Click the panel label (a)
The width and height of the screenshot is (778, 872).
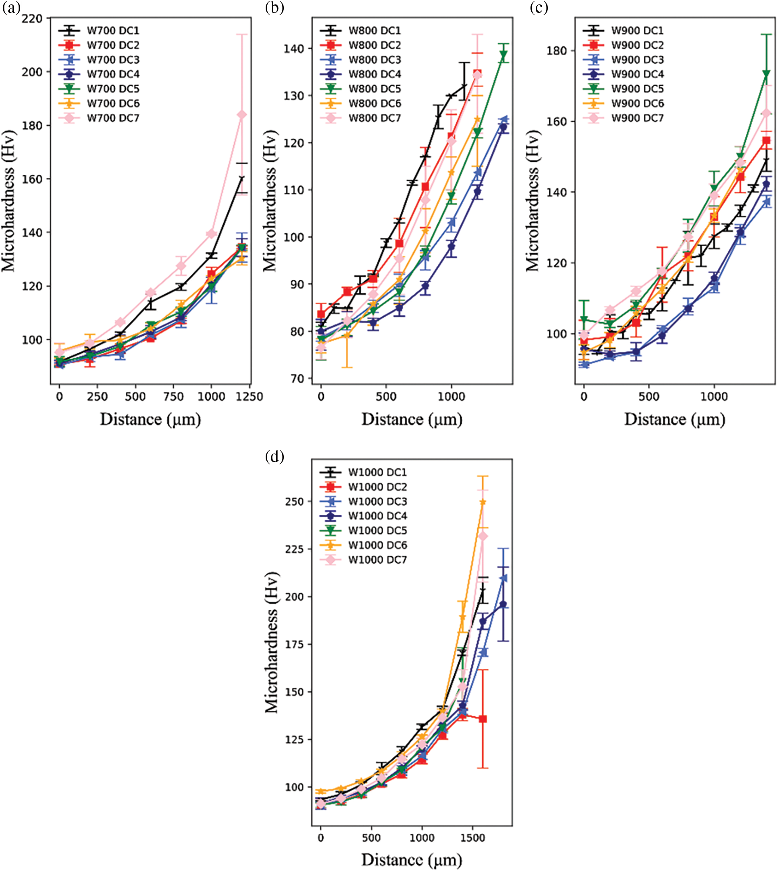pyautogui.click(x=11, y=8)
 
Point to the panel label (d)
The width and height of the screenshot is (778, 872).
pyautogui.click(x=275, y=456)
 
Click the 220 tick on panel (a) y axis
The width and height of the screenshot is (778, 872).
pyautogui.click(x=33, y=19)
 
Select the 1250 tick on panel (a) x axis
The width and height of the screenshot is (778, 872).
pyautogui.click(x=250, y=397)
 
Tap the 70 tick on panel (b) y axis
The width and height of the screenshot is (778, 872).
pyautogui.click(x=297, y=378)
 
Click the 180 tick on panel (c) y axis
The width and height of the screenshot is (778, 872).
pyautogui.click(x=557, y=50)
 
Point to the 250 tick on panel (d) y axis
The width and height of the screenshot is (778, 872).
pyautogui.click(x=294, y=501)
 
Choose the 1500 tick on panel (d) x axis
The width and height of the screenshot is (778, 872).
pyautogui.click(x=473, y=837)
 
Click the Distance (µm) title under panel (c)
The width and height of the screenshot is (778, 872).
pyautogui.click(x=674, y=420)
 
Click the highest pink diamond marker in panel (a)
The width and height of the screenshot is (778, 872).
pyautogui.click(x=242, y=114)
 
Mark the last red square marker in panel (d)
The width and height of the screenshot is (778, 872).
pyautogui.click(x=483, y=719)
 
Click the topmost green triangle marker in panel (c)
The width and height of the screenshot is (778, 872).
pyautogui.click(x=766, y=74)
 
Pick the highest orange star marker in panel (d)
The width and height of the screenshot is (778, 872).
pyautogui.click(x=483, y=502)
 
